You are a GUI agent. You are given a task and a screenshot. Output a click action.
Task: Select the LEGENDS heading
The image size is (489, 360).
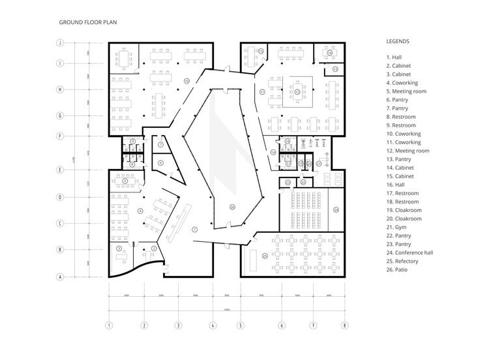tap(398, 41)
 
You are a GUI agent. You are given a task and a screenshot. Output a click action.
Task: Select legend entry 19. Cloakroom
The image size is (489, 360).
tap(404, 210)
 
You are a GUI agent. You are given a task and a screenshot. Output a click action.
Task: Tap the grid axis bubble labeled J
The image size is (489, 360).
tap(59, 43)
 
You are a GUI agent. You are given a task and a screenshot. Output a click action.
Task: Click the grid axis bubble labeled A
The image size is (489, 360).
tap(59, 277)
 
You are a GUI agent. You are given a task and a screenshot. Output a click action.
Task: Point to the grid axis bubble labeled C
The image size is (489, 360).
tap(59, 223)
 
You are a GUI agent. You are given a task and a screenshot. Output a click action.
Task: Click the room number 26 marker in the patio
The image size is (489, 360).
tap(231, 207)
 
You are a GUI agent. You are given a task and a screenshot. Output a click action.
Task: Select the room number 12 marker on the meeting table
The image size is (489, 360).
tap(297, 92)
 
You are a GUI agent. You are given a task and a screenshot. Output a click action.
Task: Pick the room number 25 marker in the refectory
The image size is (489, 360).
tap(265, 256)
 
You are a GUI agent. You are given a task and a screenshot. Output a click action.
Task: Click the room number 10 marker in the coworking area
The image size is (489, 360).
tap(186, 80)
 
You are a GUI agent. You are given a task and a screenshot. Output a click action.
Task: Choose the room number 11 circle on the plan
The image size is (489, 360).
tap(262, 92)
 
